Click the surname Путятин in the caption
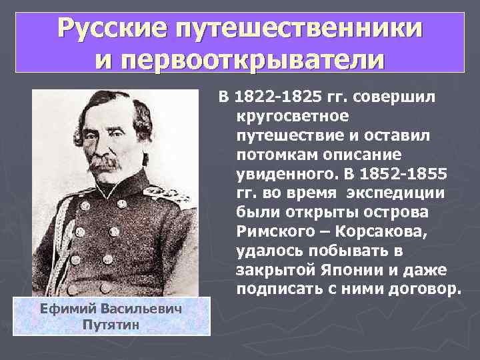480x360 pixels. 111,324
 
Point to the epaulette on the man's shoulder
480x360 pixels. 167,194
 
